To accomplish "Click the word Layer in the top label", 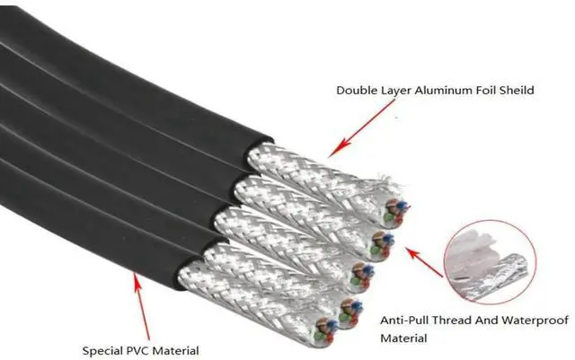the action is [x=398, y=90].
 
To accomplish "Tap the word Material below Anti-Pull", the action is [x=404, y=338].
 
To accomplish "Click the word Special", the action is [x=102, y=350].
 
